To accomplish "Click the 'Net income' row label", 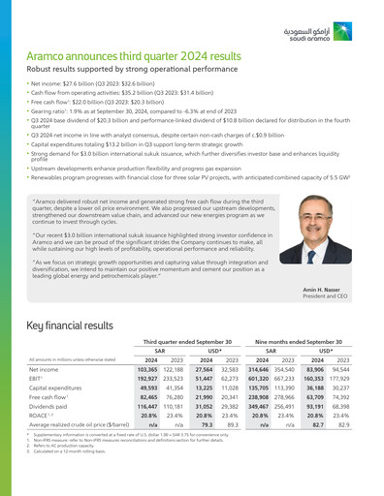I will [46, 370].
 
